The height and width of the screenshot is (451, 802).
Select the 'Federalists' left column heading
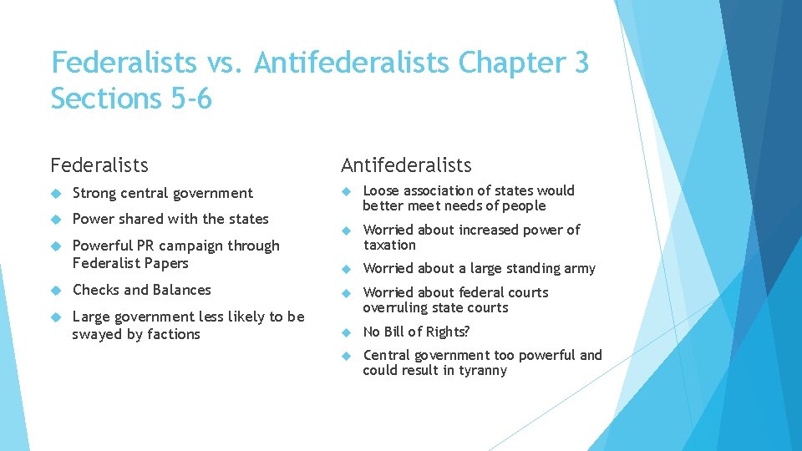click(99, 165)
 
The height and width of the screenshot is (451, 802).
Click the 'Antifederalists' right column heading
click(405, 165)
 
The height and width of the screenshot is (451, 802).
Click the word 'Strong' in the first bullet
click(94, 193)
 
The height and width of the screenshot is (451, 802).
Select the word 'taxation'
click(389, 245)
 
